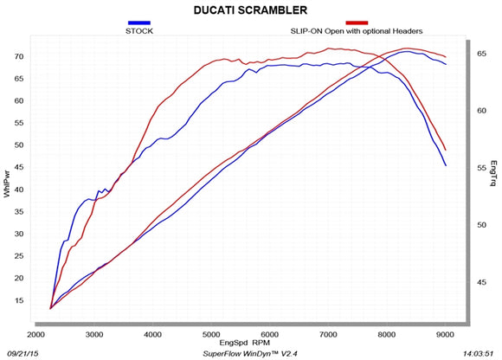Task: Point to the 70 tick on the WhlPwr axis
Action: [x=18, y=56]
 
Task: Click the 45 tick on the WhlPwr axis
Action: [x=18, y=167]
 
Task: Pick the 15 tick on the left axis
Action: [x=18, y=300]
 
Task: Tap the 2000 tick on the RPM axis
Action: [x=36, y=333]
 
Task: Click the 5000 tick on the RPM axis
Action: [x=211, y=333]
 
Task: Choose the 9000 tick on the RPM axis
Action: [x=445, y=333]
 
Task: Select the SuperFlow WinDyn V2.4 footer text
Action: [x=251, y=353]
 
